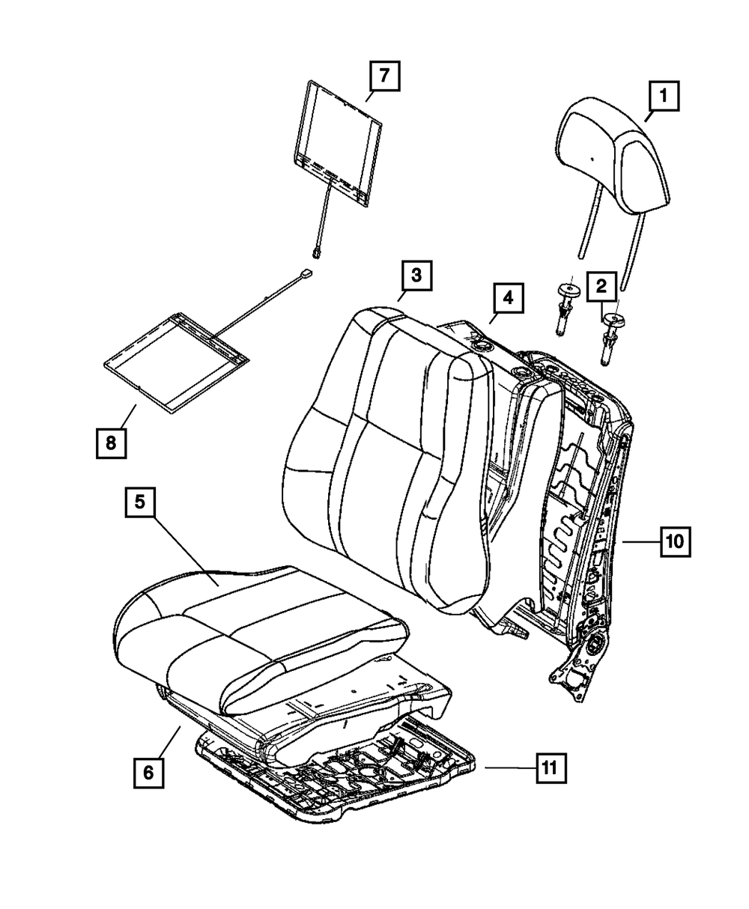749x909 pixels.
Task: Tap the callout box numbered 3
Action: click(416, 276)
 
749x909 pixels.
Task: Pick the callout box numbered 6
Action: click(149, 772)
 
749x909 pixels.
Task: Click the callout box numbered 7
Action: click(383, 76)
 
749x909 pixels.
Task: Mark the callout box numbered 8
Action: click(111, 443)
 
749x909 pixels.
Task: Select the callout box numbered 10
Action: click(676, 541)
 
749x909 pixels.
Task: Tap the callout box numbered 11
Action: click(550, 767)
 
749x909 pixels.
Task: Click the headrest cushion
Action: click(610, 153)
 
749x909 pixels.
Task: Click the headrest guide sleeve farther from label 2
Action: click(567, 308)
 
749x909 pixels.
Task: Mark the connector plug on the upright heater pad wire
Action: click(318, 252)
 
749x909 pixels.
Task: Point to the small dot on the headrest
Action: click(591, 159)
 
